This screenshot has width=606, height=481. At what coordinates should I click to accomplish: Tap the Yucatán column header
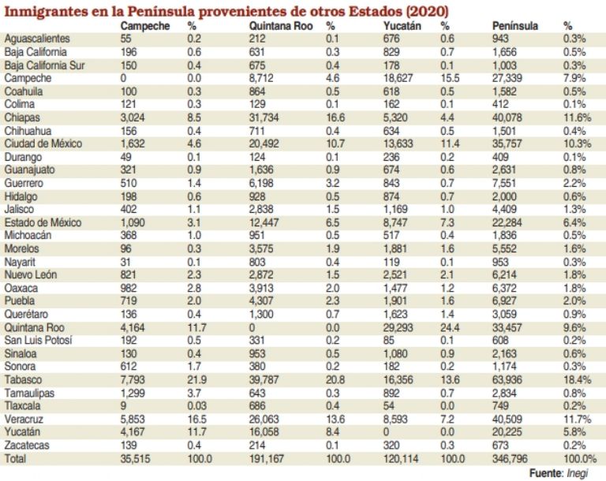click(x=391, y=26)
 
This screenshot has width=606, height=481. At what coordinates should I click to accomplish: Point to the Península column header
click(x=515, y=26)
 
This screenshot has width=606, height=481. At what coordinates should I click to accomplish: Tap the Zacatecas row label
click(x=28, y=446)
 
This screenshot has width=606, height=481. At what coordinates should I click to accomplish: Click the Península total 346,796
click(x=512, y=458)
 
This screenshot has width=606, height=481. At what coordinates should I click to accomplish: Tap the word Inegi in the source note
click(x=581, y=472)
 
